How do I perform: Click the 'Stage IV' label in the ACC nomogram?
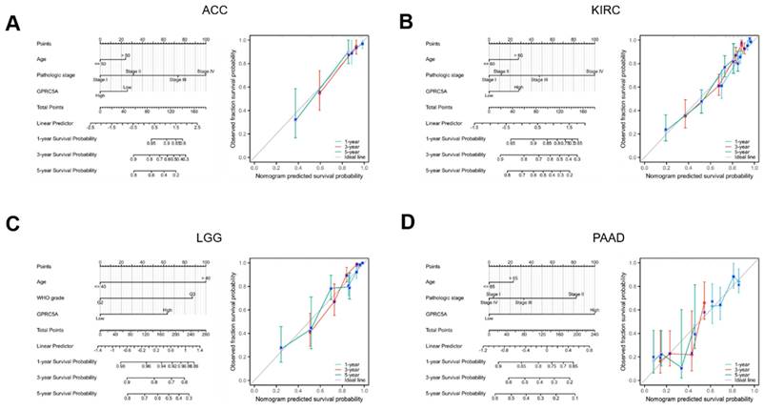204,70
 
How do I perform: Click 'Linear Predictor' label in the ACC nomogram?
55,123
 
